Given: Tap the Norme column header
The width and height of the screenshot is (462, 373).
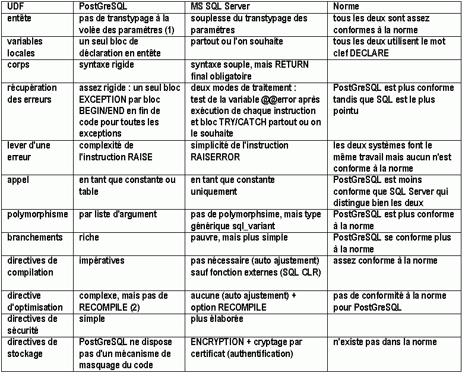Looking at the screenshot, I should [346, 7].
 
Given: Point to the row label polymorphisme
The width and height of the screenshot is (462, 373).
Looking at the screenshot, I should [37, 214].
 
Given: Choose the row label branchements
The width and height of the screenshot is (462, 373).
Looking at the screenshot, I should [34, 238].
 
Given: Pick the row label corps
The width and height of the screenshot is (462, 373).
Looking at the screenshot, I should [18, 64].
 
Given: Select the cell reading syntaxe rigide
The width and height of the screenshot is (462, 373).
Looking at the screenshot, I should [106, 64].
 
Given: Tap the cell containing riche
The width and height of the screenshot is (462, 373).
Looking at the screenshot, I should [89, 238].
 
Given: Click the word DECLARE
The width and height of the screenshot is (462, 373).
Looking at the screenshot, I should [369, 53].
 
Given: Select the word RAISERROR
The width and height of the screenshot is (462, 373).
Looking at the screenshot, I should [216, 157].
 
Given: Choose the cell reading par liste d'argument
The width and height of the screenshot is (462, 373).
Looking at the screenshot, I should [118, 214].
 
